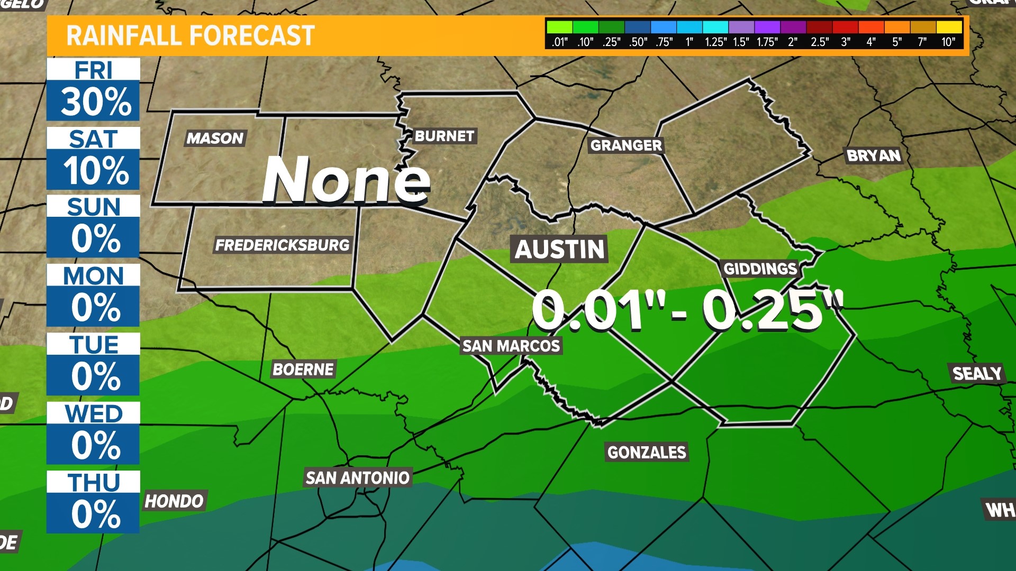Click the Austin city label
pos(559,249)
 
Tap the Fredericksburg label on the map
pos(283,245)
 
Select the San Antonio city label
pos(358,478)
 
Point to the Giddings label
pos(760,269)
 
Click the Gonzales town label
pos(646,452)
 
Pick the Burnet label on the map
pos(444,136)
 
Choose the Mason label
pos(215,138)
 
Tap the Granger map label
pos(626,145)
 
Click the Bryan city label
pos(874,155)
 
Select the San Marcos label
pos(511,346)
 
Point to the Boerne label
pos(303,369)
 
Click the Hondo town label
pos(174,501)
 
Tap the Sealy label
pos(977,374)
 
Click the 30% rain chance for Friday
pos(95,102)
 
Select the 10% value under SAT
pos(95,170)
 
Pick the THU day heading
pos(94,482)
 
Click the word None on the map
pos(346,180)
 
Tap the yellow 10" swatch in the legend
pos(949,27)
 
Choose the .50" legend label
pos(638,42)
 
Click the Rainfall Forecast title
pos(190,36)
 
